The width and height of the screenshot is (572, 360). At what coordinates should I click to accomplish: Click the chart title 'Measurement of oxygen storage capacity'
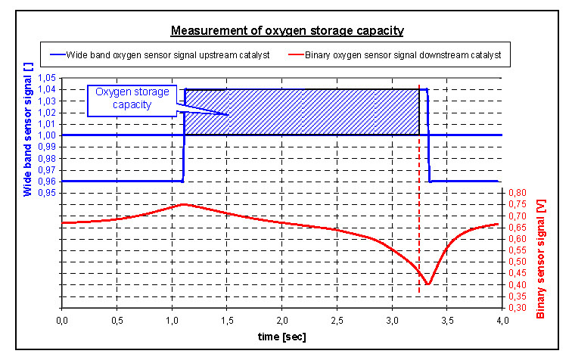[287, 31]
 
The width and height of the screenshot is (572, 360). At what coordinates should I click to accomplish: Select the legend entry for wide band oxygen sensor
[162, 55]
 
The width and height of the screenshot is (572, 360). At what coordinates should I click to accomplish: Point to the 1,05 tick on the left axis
[47, 78]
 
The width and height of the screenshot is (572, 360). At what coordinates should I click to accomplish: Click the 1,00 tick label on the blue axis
[47, 135]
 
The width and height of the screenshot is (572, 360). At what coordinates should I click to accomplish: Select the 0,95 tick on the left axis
[47, 193]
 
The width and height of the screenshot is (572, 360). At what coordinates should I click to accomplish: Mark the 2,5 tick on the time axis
[337, 320]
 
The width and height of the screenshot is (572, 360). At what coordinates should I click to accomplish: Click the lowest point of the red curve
[428, 284]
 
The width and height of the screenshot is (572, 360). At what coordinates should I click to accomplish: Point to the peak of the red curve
[183, 204]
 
